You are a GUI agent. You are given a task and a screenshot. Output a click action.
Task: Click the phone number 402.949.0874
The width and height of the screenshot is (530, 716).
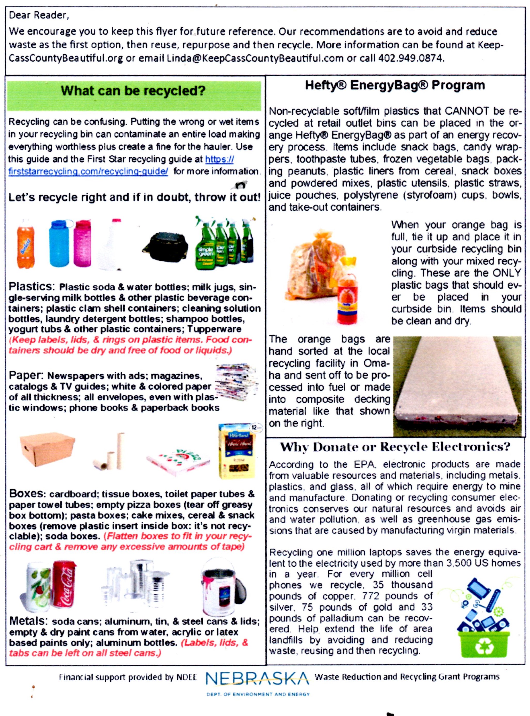click(x=411, y=58)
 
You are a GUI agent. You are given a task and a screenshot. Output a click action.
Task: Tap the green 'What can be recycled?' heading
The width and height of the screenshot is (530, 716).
click(x=133, y=91)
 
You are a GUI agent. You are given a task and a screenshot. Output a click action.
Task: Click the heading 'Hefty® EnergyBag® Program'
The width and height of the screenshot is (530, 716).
click(x=395, y=86)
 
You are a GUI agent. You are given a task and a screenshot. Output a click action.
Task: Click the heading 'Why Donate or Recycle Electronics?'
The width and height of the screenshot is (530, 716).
click(x=395, y=447)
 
